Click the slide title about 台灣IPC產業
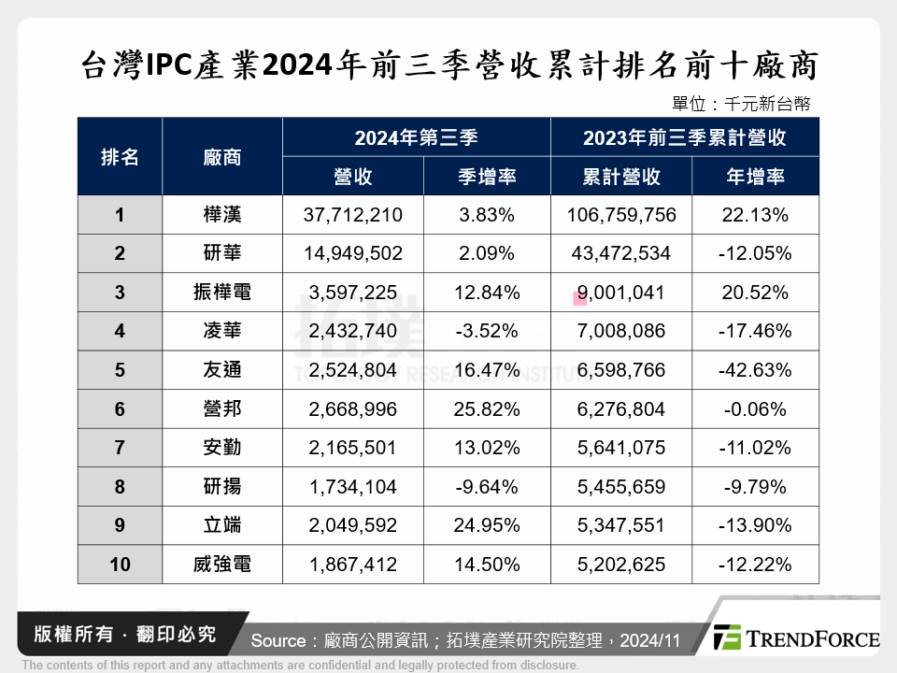coord(449,66)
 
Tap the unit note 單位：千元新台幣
coord(740,104)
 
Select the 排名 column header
coord(120,157)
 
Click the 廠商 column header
coord(222,157)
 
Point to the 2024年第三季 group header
coord(416,137)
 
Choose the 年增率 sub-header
coord(755,177)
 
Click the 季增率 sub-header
coord(487,177)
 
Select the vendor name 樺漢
coord(222,215)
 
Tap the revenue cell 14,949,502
coord(353,253)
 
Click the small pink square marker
coord(580,298)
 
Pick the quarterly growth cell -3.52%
coord(487,331)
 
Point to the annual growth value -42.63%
coord(755,370)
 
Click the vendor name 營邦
coord(222,408)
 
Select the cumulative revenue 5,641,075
coord(621,448)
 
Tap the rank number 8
coord(120,486)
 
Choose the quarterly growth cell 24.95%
coord(487,525)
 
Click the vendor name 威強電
coord(222,565)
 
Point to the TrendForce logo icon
coord(729,637)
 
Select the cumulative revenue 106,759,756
coord(621,215)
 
